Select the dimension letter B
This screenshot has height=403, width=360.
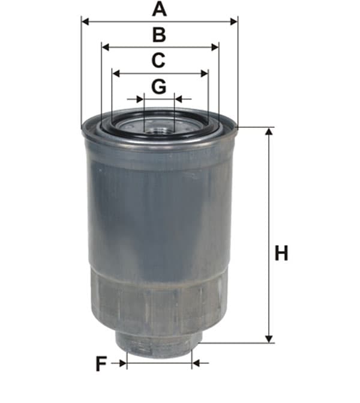click(x=159, y=35)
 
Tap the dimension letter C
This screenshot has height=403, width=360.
click(x=158, y=61)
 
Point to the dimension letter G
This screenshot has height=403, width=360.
click(x=158, y=87)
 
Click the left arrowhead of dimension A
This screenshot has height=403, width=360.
click(x=85, y=22)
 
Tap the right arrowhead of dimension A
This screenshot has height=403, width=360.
click(x=234, y=22)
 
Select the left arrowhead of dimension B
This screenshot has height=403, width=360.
click(x=106, y=47)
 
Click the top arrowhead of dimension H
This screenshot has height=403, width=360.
click(x=269, y=132)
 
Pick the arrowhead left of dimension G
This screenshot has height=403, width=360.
click(x=140, y=98)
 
